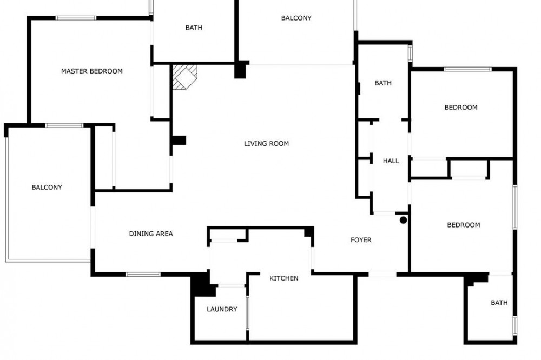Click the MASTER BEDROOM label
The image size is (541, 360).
(x=92, y=71)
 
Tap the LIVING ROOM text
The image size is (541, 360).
(x=266, y=144)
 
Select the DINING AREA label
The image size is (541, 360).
(x=151, y=234)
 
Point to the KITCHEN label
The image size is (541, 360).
(x=283, y=278)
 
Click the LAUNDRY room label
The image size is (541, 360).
(x=222, y=309)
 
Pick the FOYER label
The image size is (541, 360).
(x=361, y=240)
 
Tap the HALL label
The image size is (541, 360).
(x=391, y=161)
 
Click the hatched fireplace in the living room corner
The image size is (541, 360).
(x=184, y=77)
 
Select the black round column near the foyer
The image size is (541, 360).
(x=403, y=220)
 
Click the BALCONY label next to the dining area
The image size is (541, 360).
(x=47, y=188)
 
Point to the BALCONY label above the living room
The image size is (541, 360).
(x=296, y=18)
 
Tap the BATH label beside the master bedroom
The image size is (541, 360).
(x=194, y=28)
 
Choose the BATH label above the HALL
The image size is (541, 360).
(x=383, y=83)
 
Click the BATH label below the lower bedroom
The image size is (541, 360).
(x=499, y=303)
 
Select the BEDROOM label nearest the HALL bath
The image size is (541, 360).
(x=460, y=108)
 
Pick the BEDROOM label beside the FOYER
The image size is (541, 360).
(x=464, y=225)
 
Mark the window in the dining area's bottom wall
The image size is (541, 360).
(x=143, y=275)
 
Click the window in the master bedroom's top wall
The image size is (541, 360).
(x=76, y=18)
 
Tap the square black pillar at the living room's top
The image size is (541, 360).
(x=240, y=70)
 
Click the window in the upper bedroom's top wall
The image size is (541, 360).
(x=467, y=69)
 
